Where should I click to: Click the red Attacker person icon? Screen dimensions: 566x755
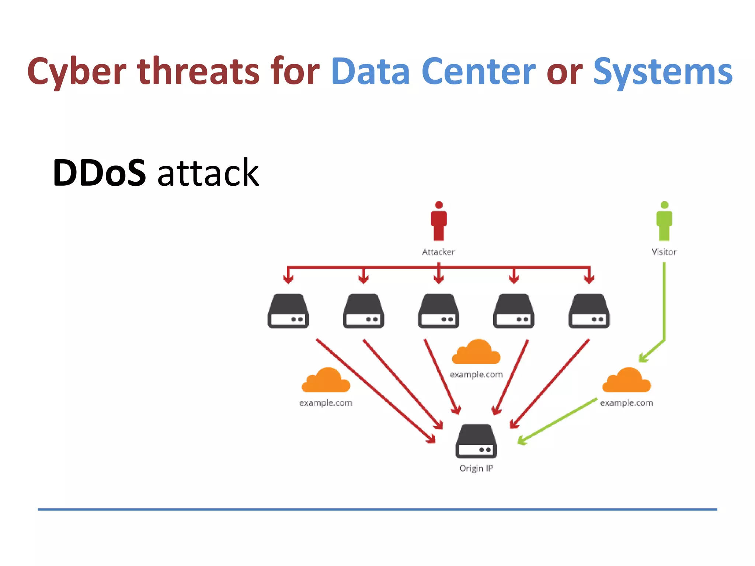pos(438,221)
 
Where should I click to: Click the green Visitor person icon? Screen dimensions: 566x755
pos(664,221)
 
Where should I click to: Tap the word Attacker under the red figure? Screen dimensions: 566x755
pos(438,252)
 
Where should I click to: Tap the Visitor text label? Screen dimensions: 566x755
pos(664,252)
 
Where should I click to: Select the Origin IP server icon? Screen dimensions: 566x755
pos(476,441)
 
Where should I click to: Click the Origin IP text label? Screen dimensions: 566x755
pos(476,468)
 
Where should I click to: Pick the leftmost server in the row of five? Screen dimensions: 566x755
pos(288,311)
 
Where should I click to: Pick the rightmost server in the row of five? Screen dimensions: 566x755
pos(589,311)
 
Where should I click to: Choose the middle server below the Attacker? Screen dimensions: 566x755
pos(438,311)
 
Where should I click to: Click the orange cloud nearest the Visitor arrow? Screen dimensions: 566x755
pos(627,381)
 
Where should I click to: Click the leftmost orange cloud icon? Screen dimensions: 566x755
pos(326,381)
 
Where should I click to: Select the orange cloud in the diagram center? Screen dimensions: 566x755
pos(476,353)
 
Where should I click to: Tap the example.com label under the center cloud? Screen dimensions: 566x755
pos(476,375)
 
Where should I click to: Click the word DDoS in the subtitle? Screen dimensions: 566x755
pos(99,172)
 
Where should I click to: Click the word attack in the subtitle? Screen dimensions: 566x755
pos(208,173)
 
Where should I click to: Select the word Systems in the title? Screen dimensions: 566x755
pos(662,72)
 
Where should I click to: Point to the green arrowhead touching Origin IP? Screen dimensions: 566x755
pos(522,440)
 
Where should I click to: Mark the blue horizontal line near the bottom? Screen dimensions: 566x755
pos(377,509)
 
